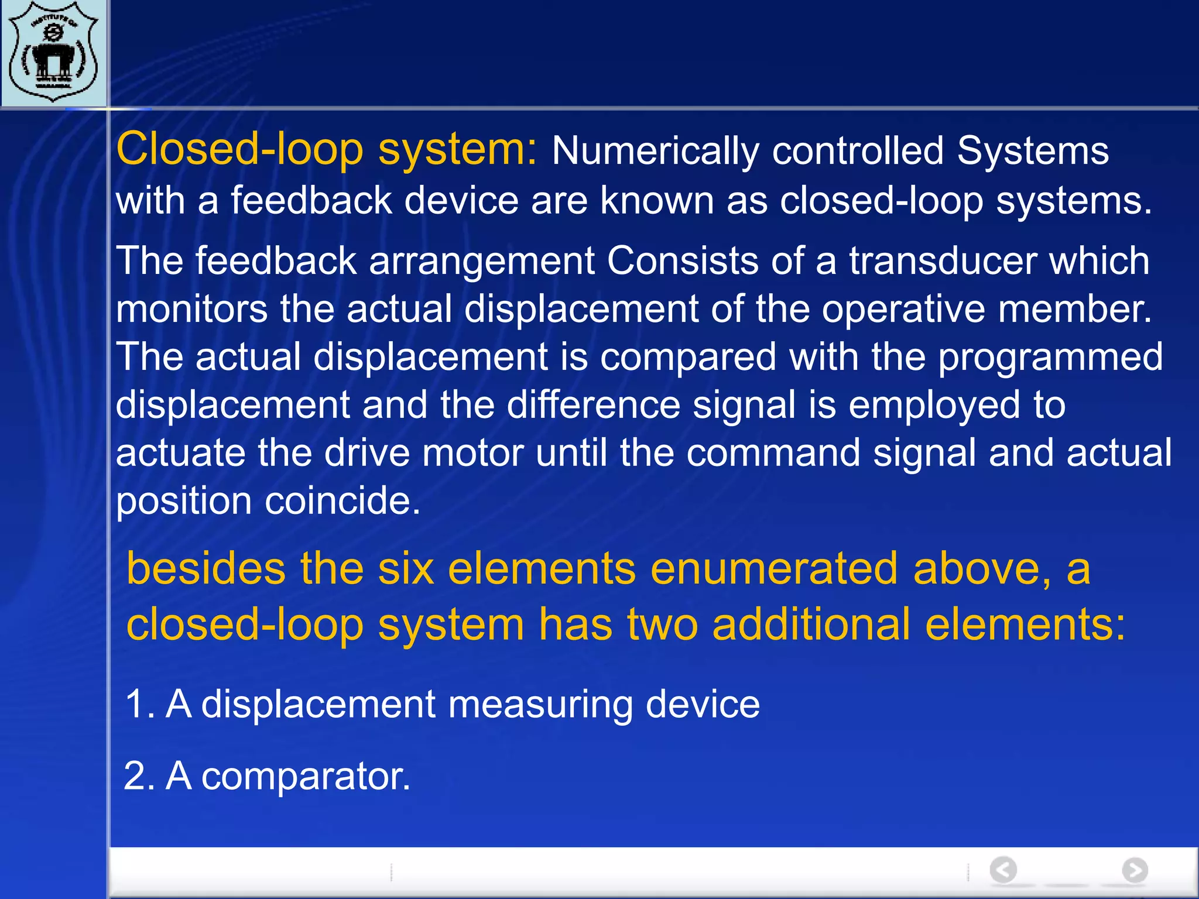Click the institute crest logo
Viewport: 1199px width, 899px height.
click(54, 53)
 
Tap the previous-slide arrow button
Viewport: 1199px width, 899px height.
click(1003, 870)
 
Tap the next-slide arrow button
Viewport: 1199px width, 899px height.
click(1135, 870)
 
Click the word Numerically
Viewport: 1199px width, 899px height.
click(655, 152)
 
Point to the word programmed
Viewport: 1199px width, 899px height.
click(1050, 358)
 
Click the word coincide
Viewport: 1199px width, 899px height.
click(342, 501)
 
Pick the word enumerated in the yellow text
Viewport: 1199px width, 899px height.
click(774, 569)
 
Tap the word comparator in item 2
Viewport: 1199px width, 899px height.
click(306, 777)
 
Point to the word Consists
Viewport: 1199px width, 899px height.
click(682, 261)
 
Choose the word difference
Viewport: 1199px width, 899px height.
click(593, 405)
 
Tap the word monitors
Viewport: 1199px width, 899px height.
click(191, 310)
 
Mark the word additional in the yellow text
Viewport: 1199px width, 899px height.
click(811, 625)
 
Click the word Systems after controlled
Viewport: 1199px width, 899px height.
click(1032, 152)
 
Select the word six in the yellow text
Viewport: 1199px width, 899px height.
click(406, 569)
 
